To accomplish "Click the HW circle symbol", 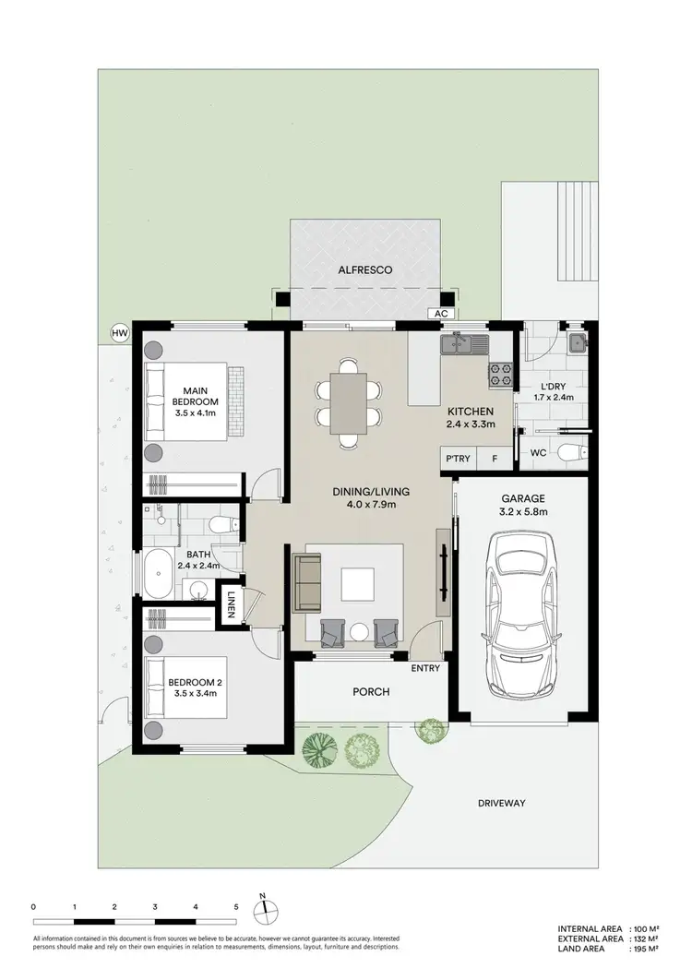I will [x=118, y=333].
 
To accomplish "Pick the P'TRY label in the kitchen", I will [x=456, y=459].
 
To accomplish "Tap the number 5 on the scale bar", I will [x=237, y=907].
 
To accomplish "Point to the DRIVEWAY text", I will [x=501, y=803].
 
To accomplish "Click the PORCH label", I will [x=370, y=691].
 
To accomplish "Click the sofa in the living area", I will [x=302, y=583].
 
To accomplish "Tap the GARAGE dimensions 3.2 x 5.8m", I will [x=522, y=511].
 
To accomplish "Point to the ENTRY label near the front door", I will [x=425, y=668].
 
